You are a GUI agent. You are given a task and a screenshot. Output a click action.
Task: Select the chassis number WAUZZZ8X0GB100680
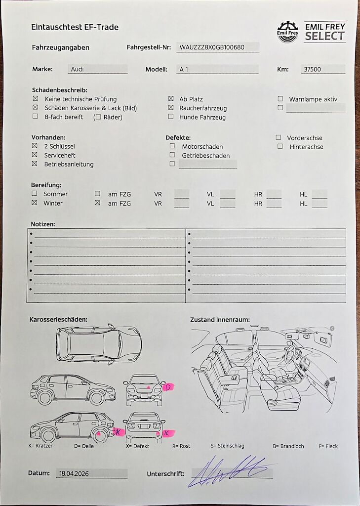tap(218, 47)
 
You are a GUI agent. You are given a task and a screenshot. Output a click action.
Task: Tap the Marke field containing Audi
tap(97, 70)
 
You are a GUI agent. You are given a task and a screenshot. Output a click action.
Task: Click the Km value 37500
tap(323, 70)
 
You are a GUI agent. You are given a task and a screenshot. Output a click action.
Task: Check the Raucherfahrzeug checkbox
tap(171, 108)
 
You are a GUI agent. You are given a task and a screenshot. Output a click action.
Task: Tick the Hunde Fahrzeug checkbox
tap(171, 117)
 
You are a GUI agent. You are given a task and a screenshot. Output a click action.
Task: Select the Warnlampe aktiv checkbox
tap(280, 99)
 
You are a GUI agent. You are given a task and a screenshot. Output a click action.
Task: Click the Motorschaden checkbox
tap(172, 146)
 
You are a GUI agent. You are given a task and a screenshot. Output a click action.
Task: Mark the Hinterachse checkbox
tap(280, 146)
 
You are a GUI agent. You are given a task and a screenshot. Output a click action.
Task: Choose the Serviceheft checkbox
tap(35, 155)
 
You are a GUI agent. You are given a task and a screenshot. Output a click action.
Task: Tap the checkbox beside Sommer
tap(34, 194)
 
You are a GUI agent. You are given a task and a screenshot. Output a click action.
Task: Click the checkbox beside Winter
tap(34, 203)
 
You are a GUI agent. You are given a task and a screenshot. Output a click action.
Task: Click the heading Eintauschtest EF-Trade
tap(75, 27)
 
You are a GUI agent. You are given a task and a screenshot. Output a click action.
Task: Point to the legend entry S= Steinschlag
tap(227, 446)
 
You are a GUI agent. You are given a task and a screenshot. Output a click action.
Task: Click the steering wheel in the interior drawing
tap(291, 354)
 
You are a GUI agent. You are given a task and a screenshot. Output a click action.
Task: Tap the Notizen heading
tap(43, 224)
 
